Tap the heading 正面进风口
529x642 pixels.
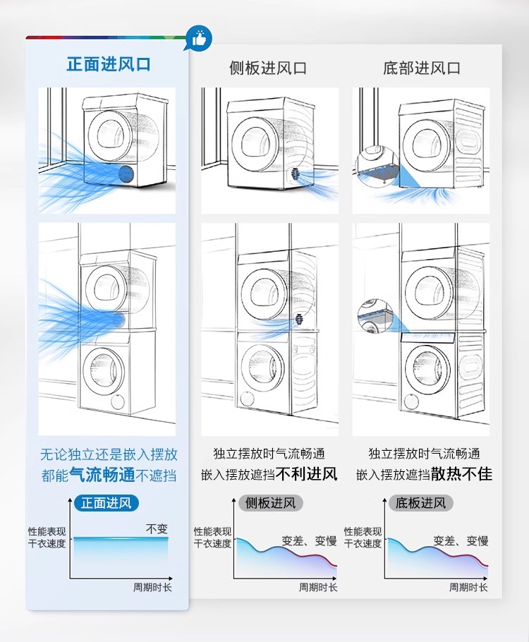click(x=108, y=65)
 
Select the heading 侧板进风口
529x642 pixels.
click(x=268, y=68)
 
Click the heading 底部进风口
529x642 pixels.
click(x=422, y=68)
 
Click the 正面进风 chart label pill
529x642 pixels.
click(x=106, y=503)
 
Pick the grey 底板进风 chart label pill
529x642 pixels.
click(x=421, y=503)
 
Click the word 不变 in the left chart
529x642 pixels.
click(x=157, y=528)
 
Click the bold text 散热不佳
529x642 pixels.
click(x=461, y=473)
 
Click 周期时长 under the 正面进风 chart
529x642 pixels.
click(x=152, y=587)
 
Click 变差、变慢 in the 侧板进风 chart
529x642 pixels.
click(x=309, y=541)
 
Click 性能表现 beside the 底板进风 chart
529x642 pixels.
click(x=363, y=531)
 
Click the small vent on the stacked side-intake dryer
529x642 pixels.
click(x=300, y=319)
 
